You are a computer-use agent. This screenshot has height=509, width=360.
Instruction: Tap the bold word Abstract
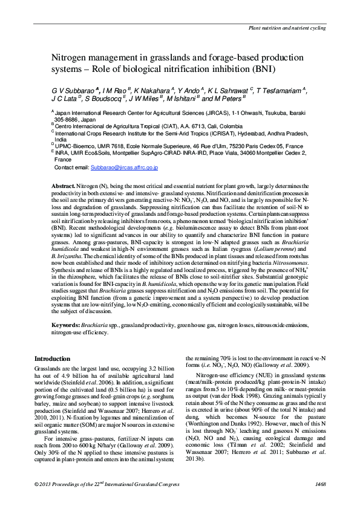[63, 185]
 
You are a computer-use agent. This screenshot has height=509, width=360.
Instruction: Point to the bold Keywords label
[66, 325]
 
